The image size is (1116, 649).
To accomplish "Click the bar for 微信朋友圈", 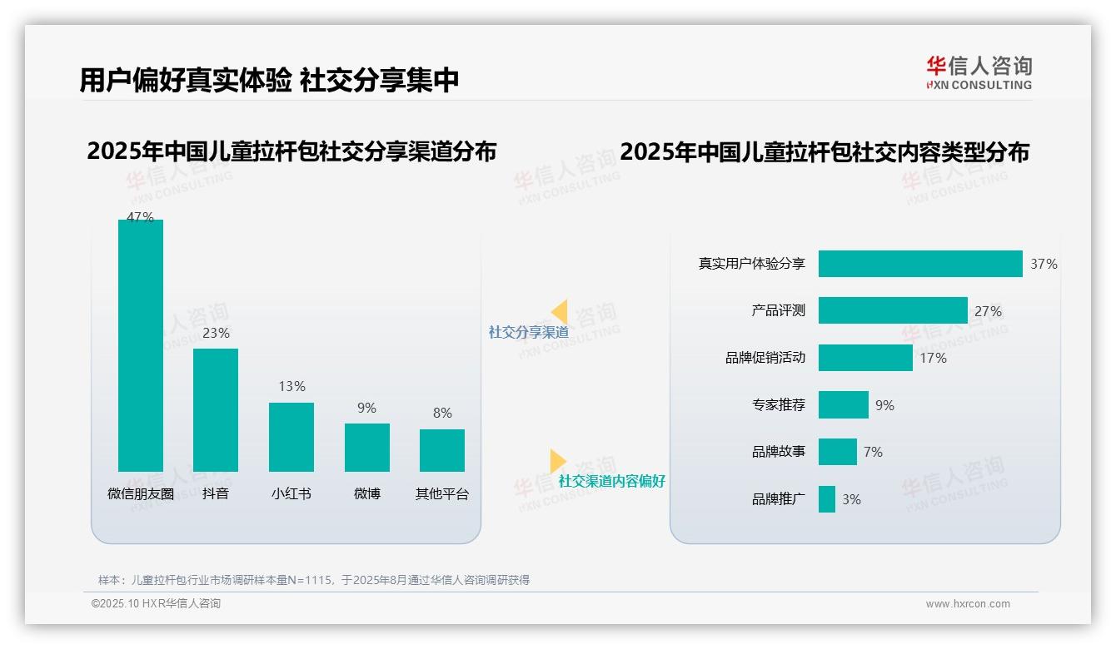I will [141, 345].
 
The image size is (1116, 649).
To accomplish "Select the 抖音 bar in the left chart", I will [216, 409].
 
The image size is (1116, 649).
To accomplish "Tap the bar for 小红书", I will [291, 437].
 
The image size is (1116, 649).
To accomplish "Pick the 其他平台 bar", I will [442, 450].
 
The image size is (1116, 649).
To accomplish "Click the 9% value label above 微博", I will [366, 409].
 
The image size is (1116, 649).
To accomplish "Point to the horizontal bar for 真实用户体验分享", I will [920, 264].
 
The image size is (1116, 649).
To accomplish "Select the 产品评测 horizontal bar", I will [893, 310].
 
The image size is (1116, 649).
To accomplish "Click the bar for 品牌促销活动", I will [865, 358].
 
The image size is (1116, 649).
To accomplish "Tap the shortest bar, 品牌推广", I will [827, 499].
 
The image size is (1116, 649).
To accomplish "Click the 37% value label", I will [1044, 265].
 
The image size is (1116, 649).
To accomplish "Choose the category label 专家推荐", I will [779, 405].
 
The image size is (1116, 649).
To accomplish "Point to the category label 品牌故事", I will [779, 452].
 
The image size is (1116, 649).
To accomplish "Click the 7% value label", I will [873, 452].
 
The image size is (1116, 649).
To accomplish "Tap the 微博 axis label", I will [367, 493].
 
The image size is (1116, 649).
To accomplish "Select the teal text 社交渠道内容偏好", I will [612, 481].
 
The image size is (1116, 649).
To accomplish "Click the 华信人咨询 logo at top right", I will [979, 72].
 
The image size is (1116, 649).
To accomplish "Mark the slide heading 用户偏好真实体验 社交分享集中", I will [269, 81].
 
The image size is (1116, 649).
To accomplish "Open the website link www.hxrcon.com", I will [968, 604].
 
